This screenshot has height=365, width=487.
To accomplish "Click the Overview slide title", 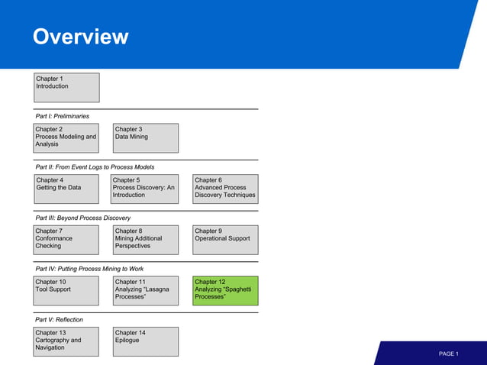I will pos(80,37).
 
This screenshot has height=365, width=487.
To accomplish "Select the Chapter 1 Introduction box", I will pos(66,87).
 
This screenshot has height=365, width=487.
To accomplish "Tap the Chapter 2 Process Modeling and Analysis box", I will pos(66,138).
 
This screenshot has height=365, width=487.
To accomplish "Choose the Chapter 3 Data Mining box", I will pos(146,138).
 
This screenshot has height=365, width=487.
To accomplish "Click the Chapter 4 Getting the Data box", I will pos(66,189).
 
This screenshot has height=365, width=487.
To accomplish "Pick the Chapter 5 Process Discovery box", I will pos(146,189).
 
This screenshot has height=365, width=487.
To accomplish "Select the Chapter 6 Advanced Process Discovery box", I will pos(225,189).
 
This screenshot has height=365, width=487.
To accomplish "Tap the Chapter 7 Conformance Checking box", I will pos(66,240).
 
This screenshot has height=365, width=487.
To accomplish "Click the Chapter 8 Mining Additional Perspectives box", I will pos(146,240).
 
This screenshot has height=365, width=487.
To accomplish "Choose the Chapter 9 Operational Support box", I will pos(225,240).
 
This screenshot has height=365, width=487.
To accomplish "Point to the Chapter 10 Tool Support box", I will pos(66,290).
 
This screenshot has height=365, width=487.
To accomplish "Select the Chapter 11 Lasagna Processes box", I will pos(146,290).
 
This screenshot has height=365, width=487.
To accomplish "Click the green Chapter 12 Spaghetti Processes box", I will pos(225,290).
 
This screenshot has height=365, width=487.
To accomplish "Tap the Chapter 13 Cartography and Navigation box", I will pos(66,341).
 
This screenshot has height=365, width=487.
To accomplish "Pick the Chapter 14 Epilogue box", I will pos(146,341).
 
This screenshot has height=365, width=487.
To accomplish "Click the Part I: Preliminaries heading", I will pos(62,116).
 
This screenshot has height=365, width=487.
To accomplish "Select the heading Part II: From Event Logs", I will pos(95,166).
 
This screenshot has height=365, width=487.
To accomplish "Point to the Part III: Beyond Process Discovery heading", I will pos(82,218).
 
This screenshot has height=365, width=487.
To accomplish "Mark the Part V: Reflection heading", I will pos(59,319).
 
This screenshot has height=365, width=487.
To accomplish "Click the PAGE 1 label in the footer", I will pos(448,354).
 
